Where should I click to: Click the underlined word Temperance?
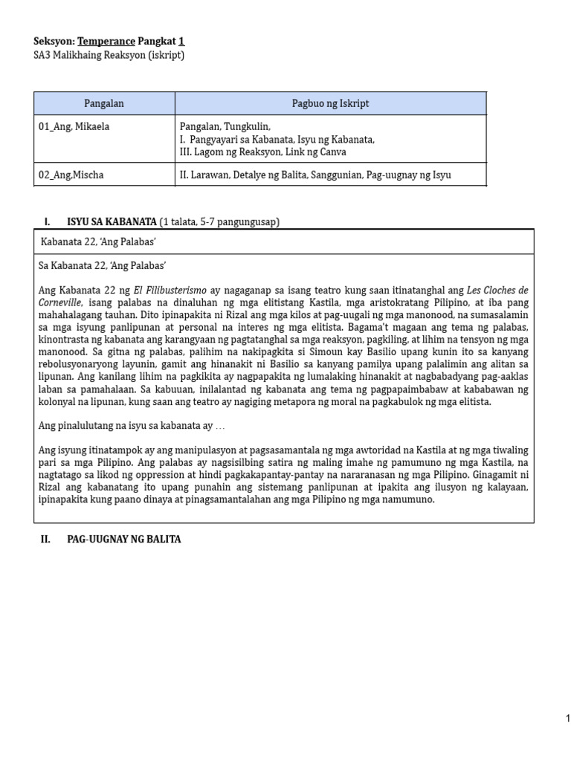click(x=106, y=42)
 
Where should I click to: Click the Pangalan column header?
click(x=104, y=103)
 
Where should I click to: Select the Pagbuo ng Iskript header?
click(x=330, y=103)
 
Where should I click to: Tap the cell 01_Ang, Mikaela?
click(x=74, y=126)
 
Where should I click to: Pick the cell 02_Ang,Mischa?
click(x=71, y=175)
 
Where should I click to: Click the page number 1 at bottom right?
click(x=567, y=718)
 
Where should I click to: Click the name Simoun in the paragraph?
click(x=258, y=352)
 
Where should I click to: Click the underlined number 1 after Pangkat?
click(x=181, y=42)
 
